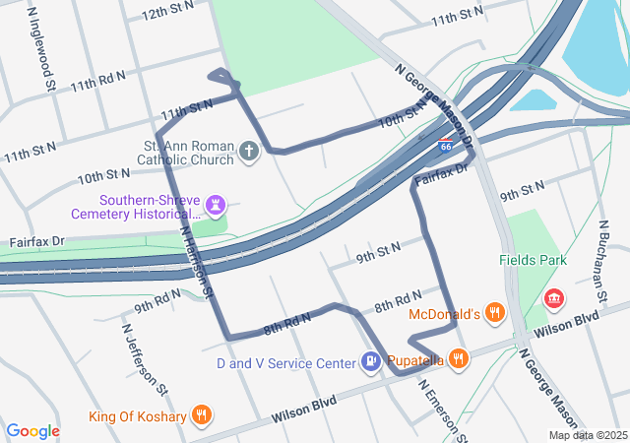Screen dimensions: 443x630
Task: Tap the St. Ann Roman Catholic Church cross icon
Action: click(249, 152)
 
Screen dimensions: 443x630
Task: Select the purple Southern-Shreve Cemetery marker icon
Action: click(217, 206)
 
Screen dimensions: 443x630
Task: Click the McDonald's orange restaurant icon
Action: click(495, 314)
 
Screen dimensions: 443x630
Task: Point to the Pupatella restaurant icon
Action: click(459, 358)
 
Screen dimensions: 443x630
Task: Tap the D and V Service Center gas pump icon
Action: click(370, 362)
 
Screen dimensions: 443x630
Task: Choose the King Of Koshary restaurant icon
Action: click(202, 414)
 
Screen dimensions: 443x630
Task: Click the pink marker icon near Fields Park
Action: click(554, 297)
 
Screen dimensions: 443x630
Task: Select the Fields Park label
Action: click(533, 261)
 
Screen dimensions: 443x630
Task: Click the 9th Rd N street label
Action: click(158, 299)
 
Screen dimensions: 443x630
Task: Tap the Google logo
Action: click(32, 431)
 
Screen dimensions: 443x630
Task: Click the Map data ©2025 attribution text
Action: click(587, 435)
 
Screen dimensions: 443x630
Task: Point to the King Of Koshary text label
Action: click(138, 416)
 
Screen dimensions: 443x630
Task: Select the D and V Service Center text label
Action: click(285, 363)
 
